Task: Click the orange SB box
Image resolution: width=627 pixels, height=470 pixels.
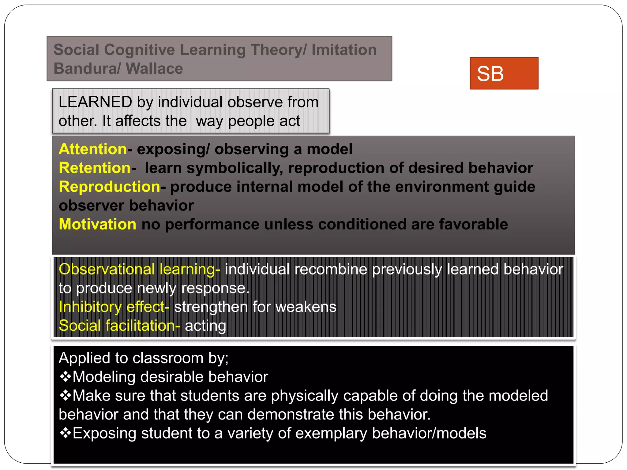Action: tap(504, 73)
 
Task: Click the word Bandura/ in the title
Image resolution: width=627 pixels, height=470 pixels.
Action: tap(87, 69)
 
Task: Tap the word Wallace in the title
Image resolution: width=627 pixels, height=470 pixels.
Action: tap(154, 69)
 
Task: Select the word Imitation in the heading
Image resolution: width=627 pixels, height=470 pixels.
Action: tap(344, 50)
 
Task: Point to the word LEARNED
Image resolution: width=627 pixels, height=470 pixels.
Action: tap(95, 102)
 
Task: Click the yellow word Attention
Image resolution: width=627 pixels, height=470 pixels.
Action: tap(92, 149)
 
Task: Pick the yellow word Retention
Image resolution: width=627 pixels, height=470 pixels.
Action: tap(95, 168)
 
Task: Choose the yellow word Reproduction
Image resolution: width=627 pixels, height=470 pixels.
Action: tap(109, 187)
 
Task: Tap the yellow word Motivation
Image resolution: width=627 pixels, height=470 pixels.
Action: tap(97, 224)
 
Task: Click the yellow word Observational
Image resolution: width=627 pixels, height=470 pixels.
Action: tap(107, 269)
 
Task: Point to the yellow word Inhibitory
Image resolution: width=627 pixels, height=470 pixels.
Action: tap(90, 307)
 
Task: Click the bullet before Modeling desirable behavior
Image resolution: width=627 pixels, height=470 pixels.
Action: tap(65, 377)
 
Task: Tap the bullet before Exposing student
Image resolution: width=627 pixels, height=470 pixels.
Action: tap(65, 433)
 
